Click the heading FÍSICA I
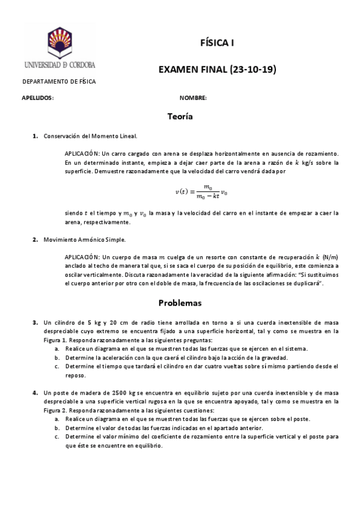coord(217,43)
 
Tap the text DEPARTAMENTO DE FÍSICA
coord(59,82)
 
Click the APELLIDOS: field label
coord(38,97)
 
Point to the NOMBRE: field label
coord(193,97)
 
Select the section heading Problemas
coord(180,303)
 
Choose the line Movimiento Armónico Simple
coord(85,240)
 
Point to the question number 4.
coord(35,393)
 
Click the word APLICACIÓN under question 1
coord(78,154)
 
